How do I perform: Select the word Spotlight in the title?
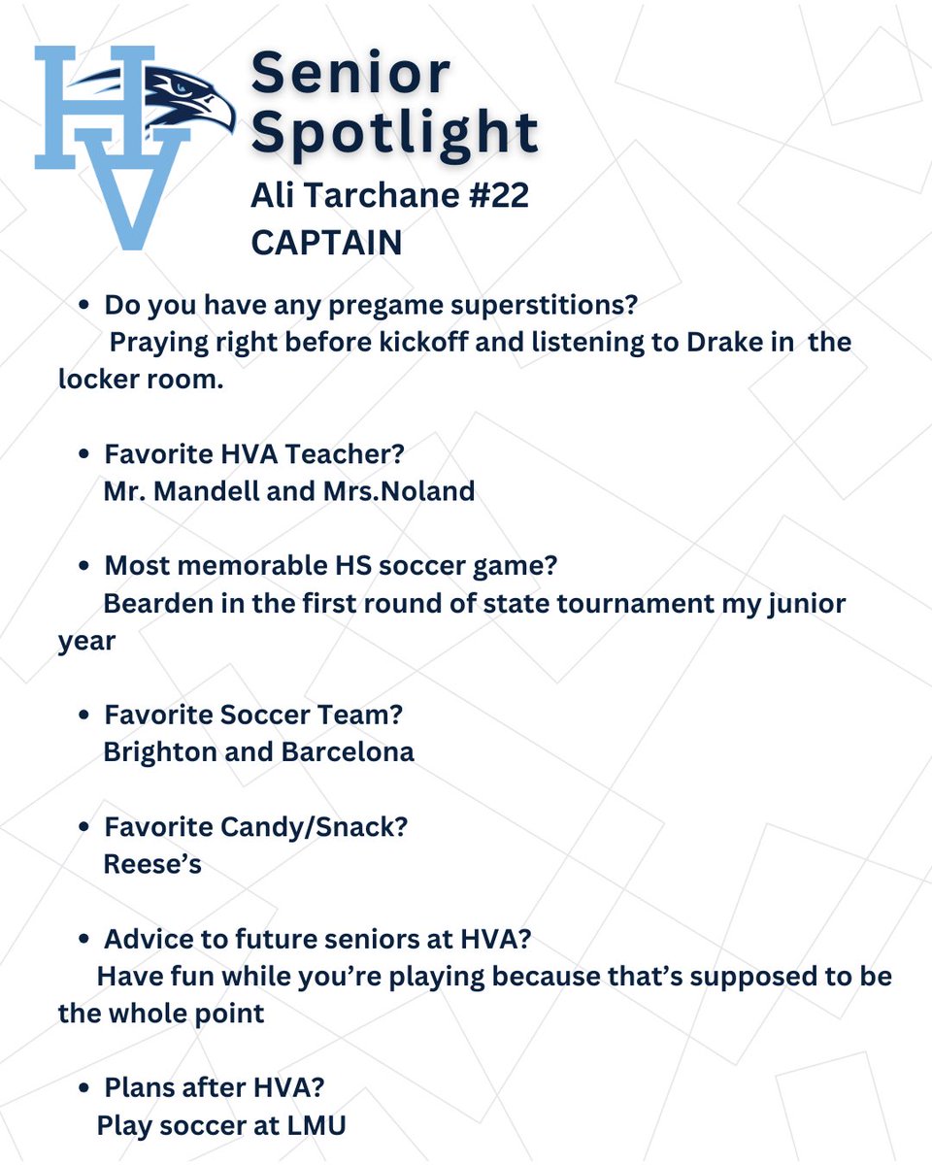pyautogui.click(x=393, y=132)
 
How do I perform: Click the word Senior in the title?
pyautogui.click(x=350, y=74)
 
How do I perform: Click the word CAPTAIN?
pyautogui.click(x=326, y=243)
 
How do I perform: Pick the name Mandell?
pyautogui.click(x=208, y=491)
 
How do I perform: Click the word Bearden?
pyautogui.click(x=157, y=604)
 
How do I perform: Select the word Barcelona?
pyautogui.click(x=349, y=751)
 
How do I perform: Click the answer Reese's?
pyautogui.click(x=152, y=864)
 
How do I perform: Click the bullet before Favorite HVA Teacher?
pyautogui.click(x=85, y=454)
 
